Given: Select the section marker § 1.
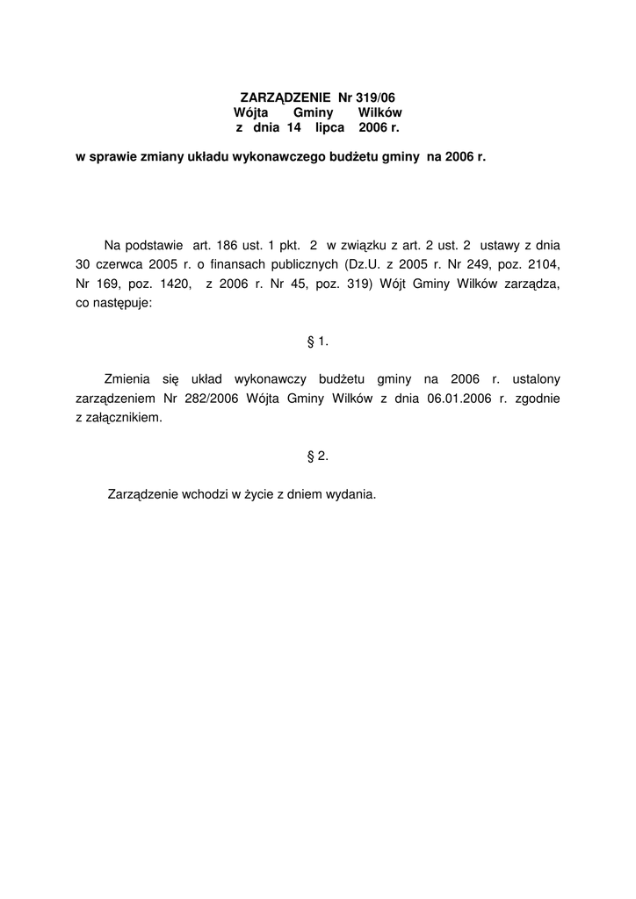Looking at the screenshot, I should pyautogui.click(x=317, y=341).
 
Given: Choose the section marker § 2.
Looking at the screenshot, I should pyautogui.click(x=317, y=456).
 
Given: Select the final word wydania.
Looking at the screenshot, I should pyautogui.click(x=351, y=494).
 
